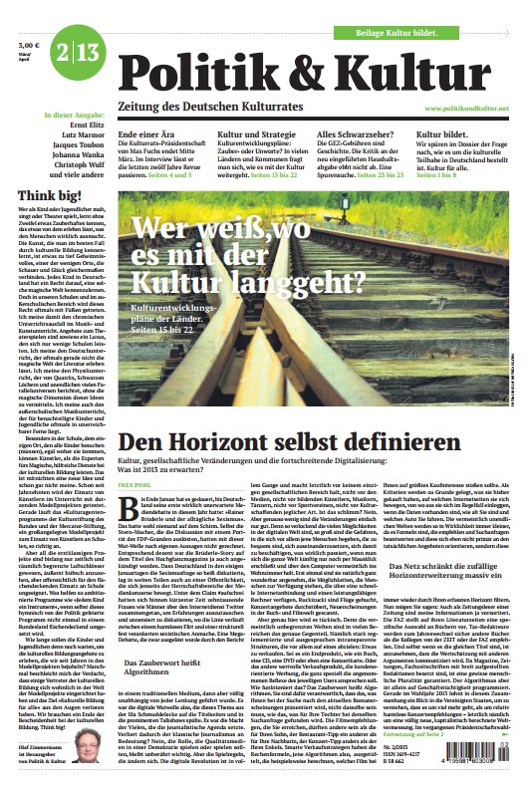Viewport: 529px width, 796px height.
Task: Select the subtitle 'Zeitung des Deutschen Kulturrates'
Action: tap(209, 107)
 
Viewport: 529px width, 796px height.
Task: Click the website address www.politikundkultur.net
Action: tap(466, 108)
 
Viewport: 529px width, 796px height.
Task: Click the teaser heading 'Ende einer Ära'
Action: tap(146, 133)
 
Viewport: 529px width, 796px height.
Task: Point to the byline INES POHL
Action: tap(133, 486)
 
